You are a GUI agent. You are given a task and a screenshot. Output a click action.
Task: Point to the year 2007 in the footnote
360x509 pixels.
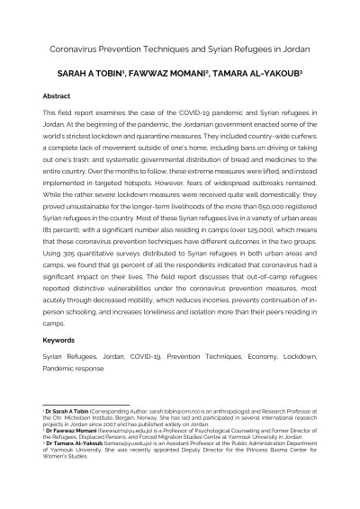(102, 425)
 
